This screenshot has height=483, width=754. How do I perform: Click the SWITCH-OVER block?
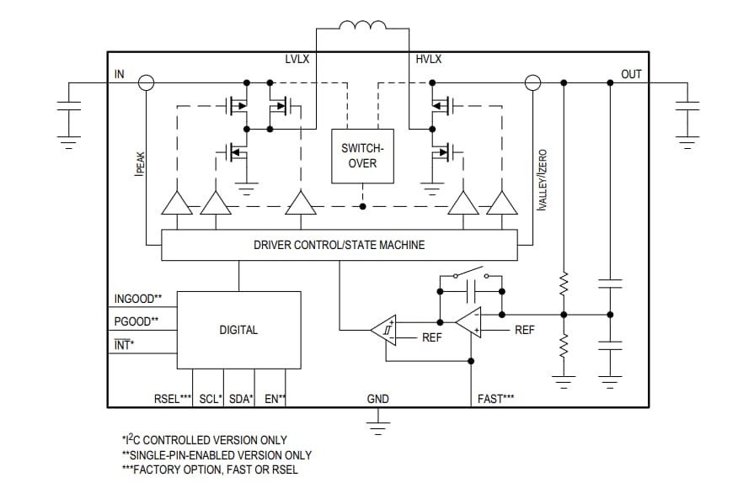click(x=362, y=156)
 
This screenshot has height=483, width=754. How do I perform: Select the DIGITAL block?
click(x=238, y=330)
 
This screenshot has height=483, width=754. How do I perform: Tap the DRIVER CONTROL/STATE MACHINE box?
click(x=339, y=245)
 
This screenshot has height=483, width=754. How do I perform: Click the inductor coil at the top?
click(x=363, y=28)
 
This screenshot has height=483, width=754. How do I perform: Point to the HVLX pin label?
click(x=428, y=59)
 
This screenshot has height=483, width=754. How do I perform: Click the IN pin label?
click(x=119, y=74)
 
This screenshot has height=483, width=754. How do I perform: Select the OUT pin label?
click(x=631, y=74)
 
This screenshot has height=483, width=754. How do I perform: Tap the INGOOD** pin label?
click(x=137, y=300)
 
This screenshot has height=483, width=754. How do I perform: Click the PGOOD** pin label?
click(x=136, y=321)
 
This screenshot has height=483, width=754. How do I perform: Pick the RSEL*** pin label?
click(x=174, y=399)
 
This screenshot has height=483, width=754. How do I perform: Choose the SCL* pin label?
click(x=210, y=399)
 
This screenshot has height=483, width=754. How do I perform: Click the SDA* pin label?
click(x=240, y=399)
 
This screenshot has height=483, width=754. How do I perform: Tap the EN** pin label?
click(x=275, y=399)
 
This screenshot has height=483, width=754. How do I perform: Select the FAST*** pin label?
click(x=495, y=399)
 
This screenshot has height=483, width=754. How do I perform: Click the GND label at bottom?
click(x=377, y=399)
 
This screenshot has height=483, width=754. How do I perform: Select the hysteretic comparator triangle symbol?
click(x=383, y=330)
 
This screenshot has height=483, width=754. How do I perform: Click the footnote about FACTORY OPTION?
click(x=210, y=470)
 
